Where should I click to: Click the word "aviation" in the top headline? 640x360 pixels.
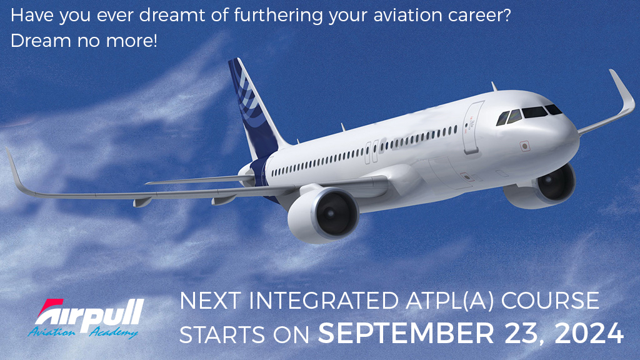395,16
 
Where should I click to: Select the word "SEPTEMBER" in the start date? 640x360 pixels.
406,334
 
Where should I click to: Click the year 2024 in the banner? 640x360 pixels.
589,334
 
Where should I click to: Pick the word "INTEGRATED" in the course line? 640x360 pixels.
323,301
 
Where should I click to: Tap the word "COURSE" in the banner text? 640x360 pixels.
550,301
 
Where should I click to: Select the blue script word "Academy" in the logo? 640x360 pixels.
114,331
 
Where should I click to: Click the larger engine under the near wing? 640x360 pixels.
323,214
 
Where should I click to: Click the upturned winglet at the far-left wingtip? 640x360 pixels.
16,171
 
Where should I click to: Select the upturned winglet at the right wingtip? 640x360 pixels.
623,95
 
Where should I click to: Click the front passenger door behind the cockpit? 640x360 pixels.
473,127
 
